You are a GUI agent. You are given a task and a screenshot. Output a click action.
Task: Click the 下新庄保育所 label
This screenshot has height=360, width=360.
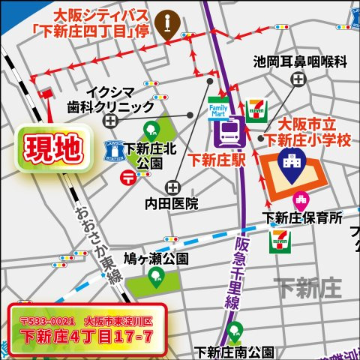click(x=301, y=218)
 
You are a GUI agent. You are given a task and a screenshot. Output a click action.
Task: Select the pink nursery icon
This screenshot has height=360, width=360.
click(x=300, y=199)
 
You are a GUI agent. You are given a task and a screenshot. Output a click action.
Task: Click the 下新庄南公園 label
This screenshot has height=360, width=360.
click(x=235, y=350)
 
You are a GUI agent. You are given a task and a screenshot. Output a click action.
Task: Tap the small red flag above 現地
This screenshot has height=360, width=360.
click(x=46, y=96)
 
